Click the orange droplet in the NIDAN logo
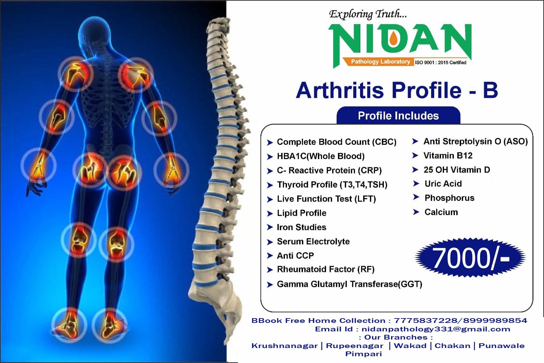[393, 39]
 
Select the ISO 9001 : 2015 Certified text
[441, 63]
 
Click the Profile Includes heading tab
[398, 116]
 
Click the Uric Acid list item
[443, 184]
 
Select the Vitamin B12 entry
[448, 156]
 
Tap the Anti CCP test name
[295, 256]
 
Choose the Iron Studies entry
[301, 227]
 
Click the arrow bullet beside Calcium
[416, 212]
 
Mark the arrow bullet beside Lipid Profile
[270, 213]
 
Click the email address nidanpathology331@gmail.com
[436, 329]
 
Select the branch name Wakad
[410, 346]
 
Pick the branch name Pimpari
[363, 354]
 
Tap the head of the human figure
[95, 32]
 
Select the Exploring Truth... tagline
[368, 14]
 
